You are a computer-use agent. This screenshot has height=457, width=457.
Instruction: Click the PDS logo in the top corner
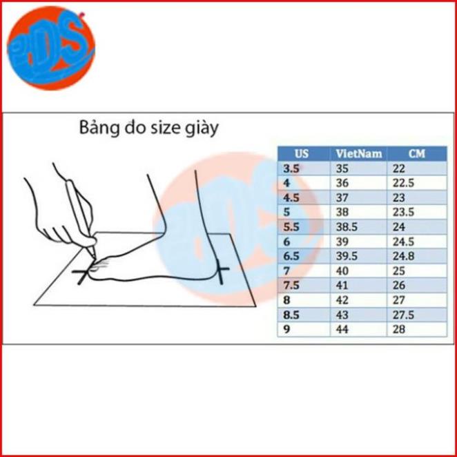click(x=51, y=48)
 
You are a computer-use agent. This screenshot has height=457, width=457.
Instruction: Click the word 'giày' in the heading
click(x=202, y=128)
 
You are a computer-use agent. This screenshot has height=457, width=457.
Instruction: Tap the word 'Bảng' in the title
click(x=99, y=128)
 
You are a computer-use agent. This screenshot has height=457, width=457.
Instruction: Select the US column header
click(x=302, y=153)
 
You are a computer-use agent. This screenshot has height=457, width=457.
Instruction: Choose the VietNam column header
click(x=359, y=153)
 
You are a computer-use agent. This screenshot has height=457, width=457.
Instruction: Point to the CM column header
click(x=417, y=153)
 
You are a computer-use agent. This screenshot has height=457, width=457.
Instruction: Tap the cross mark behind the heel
click(x=221, y=270)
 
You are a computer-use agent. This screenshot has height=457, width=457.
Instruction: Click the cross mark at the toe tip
click(x=83, y=273)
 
